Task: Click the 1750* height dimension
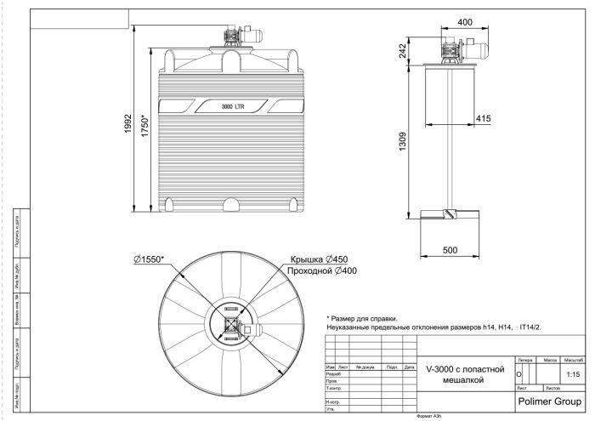click(145, 128)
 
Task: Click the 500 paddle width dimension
click(450, 250)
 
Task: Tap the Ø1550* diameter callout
click(149, 259)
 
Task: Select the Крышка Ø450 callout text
click(320, 259)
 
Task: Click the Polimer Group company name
click(548, 398)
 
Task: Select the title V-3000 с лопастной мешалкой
click(466, 375)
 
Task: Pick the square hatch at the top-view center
click(230, 324)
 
